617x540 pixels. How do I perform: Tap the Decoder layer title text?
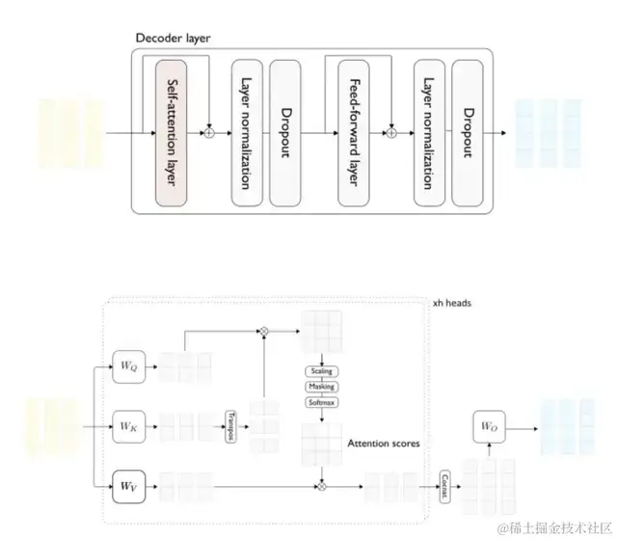pyautogui.click(x=173, y=39)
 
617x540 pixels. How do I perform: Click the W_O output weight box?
pyautogui.click(x=489, y=425)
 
